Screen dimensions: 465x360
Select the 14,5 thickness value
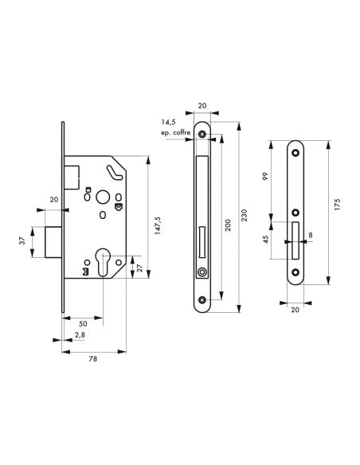167,122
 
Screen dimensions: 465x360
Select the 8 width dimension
310,236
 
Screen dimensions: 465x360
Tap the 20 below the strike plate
295,309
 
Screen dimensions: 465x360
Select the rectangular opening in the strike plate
295,240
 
